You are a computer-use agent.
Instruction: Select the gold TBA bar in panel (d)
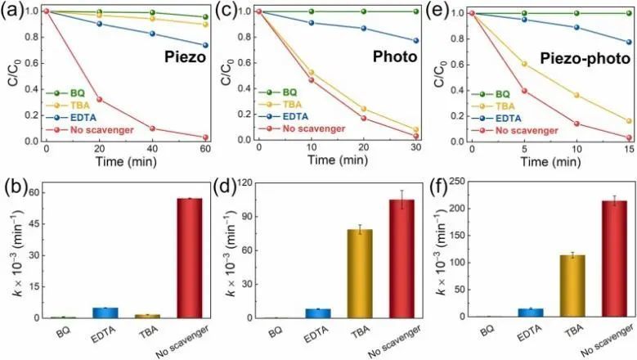[360, 273]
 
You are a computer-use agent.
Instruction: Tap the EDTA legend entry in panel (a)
[77, 117]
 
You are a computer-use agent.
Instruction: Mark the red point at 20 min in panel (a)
[100, 100]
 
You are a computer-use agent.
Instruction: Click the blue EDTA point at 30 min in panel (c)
[415, 41]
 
